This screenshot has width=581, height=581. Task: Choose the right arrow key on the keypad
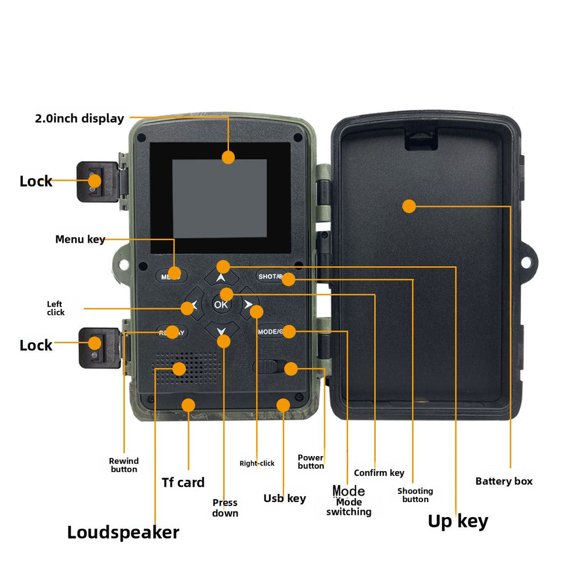click(x=249, y=304)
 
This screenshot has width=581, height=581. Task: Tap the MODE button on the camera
click(x=270, y=332)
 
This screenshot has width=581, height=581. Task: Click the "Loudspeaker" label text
click(x=123, y=532)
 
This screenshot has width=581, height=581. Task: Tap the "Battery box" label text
click(x=504, y=481)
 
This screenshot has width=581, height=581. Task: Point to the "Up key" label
click(x=458, y=521)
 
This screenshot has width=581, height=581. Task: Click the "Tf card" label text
click(x=183, y=482)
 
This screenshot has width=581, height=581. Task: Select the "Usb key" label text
click(x=285, y=498)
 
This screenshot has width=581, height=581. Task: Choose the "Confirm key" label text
click(x=379, y=473)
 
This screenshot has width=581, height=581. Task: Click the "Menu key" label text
click(x=80, y=239)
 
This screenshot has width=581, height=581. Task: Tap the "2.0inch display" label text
click(x=80, y=119)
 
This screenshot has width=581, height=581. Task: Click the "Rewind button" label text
click(x=124, y=465)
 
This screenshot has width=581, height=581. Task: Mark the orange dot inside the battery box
click(x=409, y=206)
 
